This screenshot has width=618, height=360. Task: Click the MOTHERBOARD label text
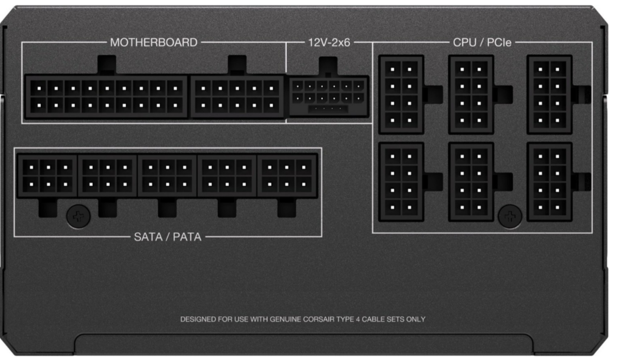point(154,42)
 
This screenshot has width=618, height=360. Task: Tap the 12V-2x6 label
point(329,42)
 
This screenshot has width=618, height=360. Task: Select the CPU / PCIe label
point(482,42)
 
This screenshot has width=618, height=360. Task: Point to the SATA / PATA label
point(168,237)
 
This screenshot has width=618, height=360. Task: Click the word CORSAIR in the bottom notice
point(318,319)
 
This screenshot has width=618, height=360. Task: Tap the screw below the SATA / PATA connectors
point(78,216)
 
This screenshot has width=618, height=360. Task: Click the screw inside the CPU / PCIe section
point(510,216)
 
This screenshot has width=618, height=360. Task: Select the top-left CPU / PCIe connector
point(401,94)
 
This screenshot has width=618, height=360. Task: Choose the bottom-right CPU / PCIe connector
point(549,182)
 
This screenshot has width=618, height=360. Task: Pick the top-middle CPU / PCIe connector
point(471,94)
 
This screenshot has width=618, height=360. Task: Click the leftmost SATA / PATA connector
point(47,176)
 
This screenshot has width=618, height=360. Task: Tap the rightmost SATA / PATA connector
point(287,176)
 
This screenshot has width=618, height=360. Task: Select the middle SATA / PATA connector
point(167,176)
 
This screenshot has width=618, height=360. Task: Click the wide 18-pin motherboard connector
point(106,97)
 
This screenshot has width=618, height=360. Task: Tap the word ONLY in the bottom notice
point(416,319)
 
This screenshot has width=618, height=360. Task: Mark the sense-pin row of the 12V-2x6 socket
point(328,109)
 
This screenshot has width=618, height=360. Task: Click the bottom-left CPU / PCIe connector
point(401,182)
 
